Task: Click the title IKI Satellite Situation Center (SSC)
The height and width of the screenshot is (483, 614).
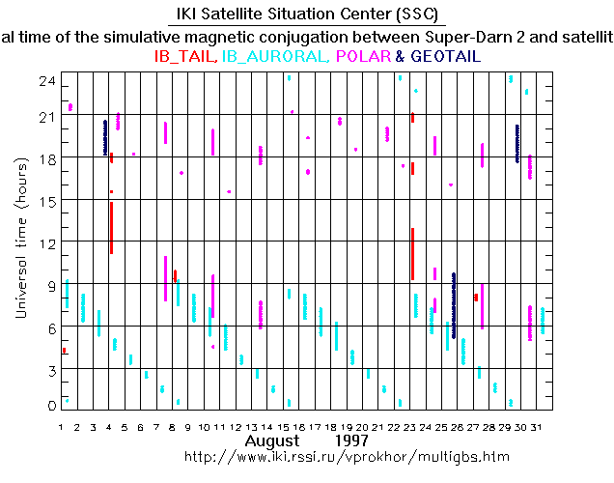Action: (306, 14)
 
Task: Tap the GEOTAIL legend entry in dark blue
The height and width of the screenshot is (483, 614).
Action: (444, 57)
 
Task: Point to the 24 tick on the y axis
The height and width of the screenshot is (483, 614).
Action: (43, 82)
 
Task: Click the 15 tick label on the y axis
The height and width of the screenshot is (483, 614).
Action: (43, 200)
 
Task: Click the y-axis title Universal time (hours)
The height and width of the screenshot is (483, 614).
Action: (20, 241)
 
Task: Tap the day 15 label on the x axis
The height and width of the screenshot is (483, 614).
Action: (288, 426)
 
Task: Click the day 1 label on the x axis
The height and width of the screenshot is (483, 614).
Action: (62, 426)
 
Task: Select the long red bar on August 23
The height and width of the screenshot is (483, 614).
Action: (412, 253)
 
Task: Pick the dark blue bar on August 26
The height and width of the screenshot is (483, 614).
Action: (454, 305)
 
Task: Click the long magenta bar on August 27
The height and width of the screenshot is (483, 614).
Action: (482, 305)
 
